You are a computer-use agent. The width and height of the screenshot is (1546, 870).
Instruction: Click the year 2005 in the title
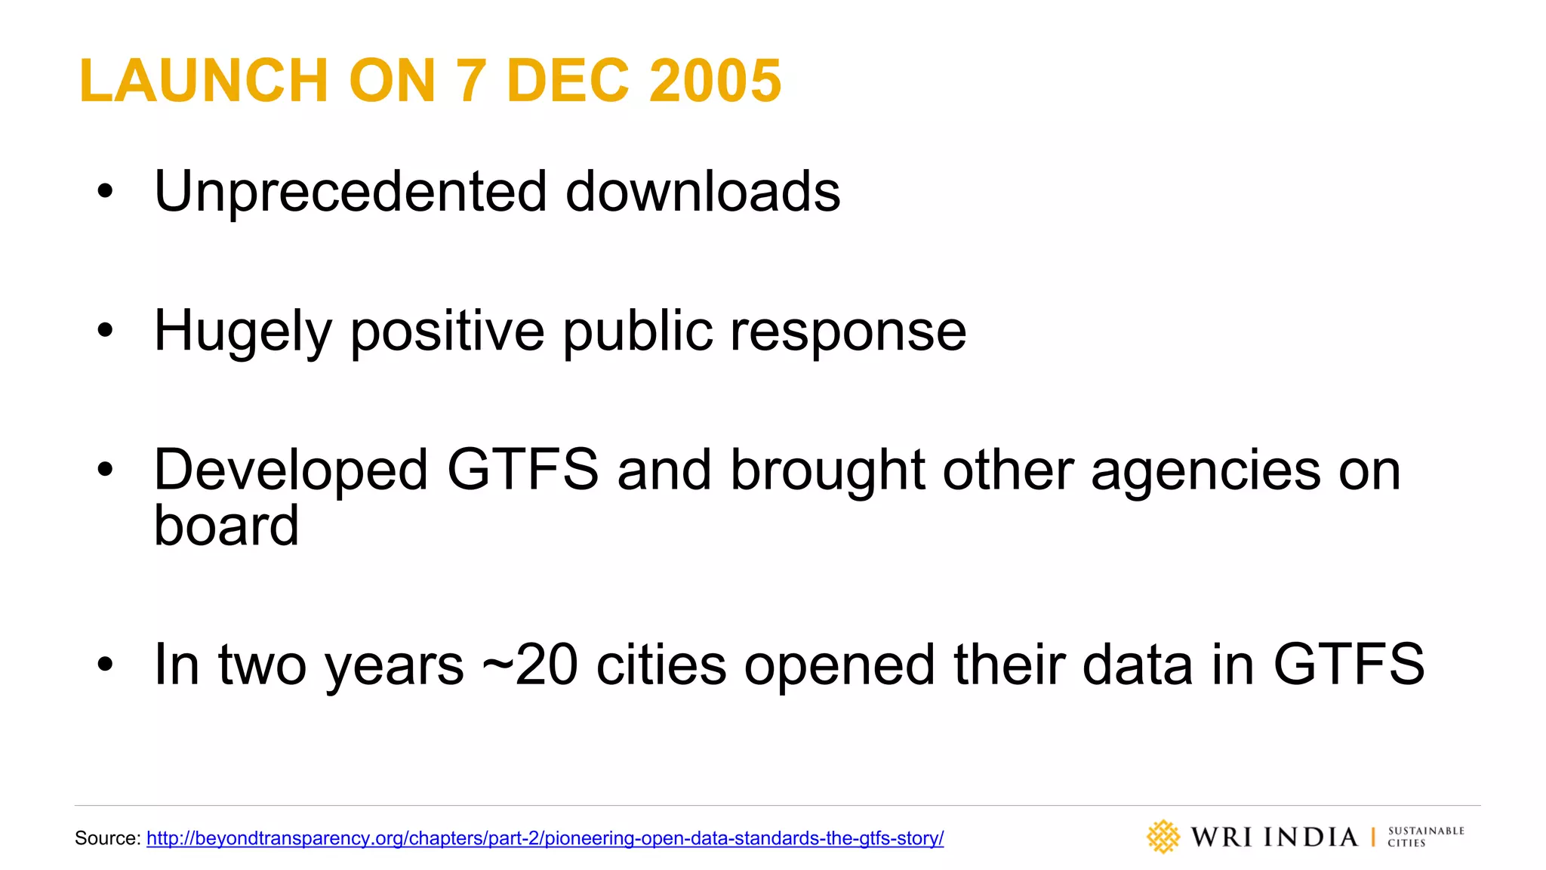(715, 81)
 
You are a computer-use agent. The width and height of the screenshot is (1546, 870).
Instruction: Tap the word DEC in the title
(568, 81)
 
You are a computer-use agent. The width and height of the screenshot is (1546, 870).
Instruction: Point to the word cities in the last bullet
(661, 665)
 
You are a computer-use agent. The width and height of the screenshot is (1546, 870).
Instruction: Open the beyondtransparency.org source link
(544, 838)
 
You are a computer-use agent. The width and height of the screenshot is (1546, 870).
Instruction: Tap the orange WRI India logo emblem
(1163, 837)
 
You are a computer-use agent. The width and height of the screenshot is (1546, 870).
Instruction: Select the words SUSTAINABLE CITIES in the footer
(1425, 837)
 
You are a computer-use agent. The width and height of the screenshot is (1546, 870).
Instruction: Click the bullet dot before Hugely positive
(105, 330)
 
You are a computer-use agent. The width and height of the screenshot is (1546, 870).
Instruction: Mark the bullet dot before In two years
(105, 665)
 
